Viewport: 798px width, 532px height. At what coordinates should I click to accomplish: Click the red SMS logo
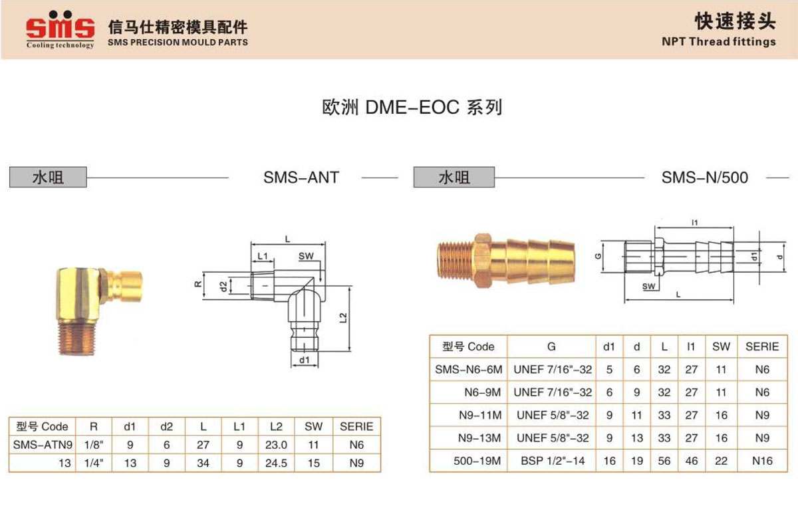pos(61,28)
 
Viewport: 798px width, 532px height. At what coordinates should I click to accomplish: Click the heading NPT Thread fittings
pos(719,42)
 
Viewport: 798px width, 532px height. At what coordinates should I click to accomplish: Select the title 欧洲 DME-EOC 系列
pos(412,107)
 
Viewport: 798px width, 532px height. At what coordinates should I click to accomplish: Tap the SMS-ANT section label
pos(301,178)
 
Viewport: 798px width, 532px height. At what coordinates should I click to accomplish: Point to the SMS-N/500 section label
pos(705,178)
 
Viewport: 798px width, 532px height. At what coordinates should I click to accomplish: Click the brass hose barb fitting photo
pos(505,260)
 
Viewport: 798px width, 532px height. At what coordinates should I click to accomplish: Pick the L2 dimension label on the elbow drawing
pos(343,317)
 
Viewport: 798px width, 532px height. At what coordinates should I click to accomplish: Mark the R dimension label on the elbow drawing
pos(198,285)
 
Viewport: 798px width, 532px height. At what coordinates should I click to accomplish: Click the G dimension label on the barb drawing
pos(598,256)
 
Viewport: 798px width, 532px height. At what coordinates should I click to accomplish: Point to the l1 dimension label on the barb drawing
pos(695,223)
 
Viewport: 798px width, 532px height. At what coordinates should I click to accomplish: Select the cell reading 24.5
pos(276,463)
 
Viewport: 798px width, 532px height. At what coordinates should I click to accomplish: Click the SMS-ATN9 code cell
pos(43,445)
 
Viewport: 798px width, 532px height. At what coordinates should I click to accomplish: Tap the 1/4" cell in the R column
pos(94,463)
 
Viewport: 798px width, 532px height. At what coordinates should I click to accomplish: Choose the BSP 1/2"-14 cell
pos(553,461)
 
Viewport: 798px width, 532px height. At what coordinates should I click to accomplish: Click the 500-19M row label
pos(477,461)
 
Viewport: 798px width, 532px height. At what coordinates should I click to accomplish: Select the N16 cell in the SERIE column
pos(762,461)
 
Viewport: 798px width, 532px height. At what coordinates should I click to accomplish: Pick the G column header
pos(551,346)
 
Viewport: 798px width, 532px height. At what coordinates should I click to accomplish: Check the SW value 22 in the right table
pos(721,461)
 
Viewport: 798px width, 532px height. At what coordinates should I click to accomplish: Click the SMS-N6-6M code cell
pos(468,370)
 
